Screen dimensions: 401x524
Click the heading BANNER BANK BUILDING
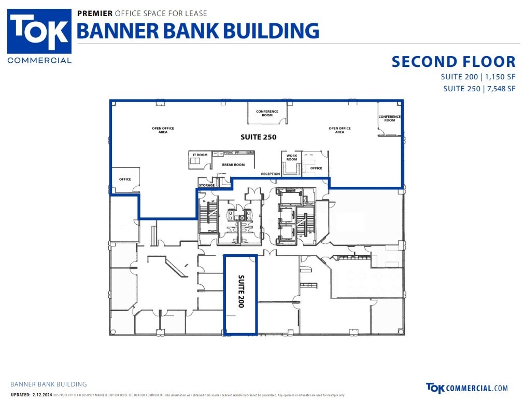(197, 31)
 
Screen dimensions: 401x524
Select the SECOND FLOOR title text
(454, 62)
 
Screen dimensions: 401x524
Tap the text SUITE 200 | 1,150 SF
(478, 77)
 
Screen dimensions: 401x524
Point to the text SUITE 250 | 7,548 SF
(479, 89)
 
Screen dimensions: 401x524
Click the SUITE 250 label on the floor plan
(258, 137)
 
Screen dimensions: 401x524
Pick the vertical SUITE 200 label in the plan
(240, 292)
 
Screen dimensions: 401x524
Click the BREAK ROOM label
(233, 165)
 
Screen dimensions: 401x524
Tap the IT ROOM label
(200, 155)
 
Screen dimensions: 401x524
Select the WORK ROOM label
(292, 158)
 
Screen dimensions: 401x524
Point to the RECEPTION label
(271, 174)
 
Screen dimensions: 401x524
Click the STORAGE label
(207, 185)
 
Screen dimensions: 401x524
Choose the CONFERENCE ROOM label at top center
(267, 113)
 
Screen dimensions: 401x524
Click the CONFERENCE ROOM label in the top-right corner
(390, 118)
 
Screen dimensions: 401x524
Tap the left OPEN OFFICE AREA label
(163, 130)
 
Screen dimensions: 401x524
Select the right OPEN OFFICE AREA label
(339, 130)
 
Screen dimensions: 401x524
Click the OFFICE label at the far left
(125, 179)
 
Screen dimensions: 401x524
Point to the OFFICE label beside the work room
(316, 168)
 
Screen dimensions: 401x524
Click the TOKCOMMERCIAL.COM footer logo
(466, 388)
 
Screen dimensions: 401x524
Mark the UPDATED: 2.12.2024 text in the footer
(31, 395)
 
